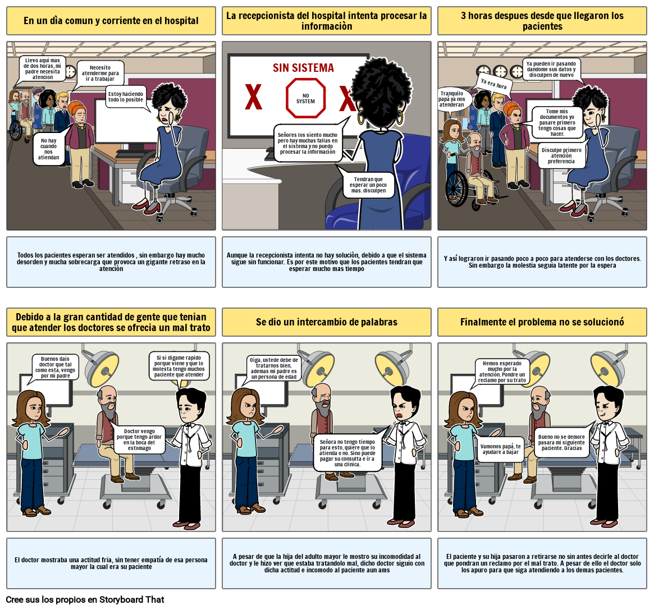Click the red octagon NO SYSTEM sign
[x=305, y=98]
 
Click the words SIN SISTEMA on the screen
[x=303, y=68]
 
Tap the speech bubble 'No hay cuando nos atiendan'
[x=49, y=149]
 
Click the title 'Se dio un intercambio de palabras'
[x=327, y=322]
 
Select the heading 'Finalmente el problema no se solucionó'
[x=542, y=322]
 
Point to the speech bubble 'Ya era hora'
[x=493, y=85]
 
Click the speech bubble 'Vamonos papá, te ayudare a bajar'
[x=501, y=449]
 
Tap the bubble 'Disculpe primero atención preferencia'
[x=561, y=155]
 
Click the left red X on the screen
[x=253, y=98]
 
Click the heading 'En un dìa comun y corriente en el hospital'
[x=111, y=21]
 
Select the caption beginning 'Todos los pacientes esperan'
[x=111, y=262]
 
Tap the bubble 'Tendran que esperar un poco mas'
[x=368, y=185]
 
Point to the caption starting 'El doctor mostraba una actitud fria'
[x=111, y=563]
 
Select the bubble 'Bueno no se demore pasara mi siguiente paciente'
[x=561, y=442]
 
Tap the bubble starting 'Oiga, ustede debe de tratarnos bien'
[x=274, y=368]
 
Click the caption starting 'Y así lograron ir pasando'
[x=542, y=262]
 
